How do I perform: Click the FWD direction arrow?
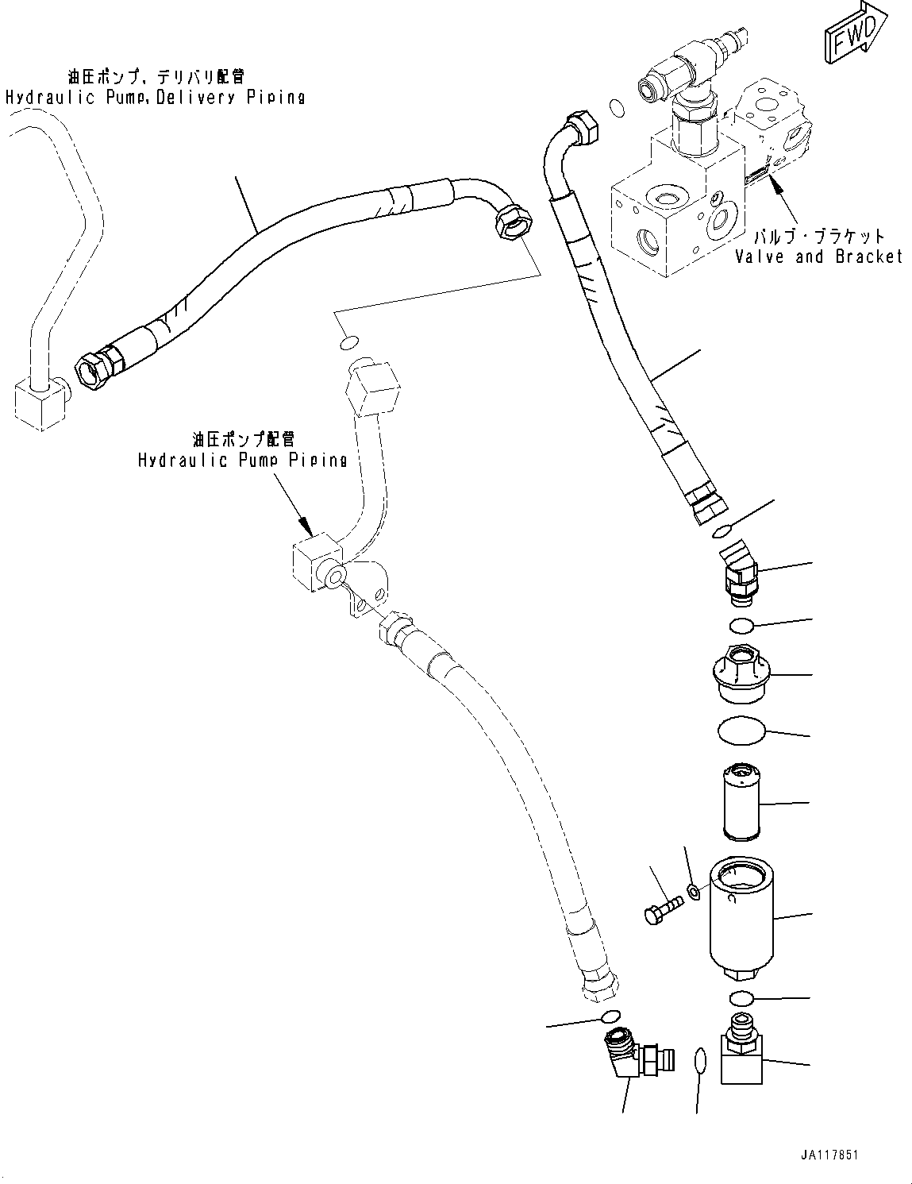coord(856,33)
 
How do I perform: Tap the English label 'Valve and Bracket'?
coord(818,256)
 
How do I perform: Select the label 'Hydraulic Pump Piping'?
coord(242,460)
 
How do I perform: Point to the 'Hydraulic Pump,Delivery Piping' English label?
coord(155,98)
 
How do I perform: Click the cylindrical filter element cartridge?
coord(742,801)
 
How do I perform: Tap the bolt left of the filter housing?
coord(664,908)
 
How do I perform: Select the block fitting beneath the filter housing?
coord(741,1049)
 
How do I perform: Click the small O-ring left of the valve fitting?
coord(616,107)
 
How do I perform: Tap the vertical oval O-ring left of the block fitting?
coord(699,1059)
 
